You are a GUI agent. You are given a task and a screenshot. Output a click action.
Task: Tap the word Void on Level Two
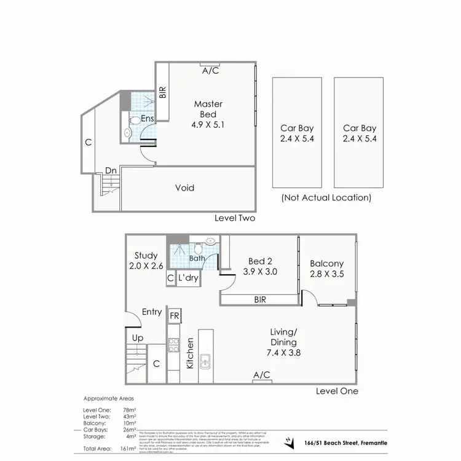185,187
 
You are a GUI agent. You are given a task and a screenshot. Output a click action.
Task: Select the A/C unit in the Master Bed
210,65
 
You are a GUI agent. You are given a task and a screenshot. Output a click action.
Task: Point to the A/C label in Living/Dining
262,374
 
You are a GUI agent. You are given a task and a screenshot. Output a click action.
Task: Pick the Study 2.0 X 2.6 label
146,261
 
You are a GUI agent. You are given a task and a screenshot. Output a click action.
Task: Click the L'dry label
187,278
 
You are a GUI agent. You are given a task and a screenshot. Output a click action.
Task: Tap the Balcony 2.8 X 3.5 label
327,269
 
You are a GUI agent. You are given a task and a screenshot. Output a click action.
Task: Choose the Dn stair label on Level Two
111,170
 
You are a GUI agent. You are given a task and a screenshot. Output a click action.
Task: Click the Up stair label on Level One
138,337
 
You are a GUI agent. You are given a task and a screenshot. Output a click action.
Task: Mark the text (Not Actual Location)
326,198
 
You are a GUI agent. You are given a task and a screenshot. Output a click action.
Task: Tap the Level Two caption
234,218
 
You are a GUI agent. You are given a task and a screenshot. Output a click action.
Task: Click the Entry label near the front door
152,312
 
